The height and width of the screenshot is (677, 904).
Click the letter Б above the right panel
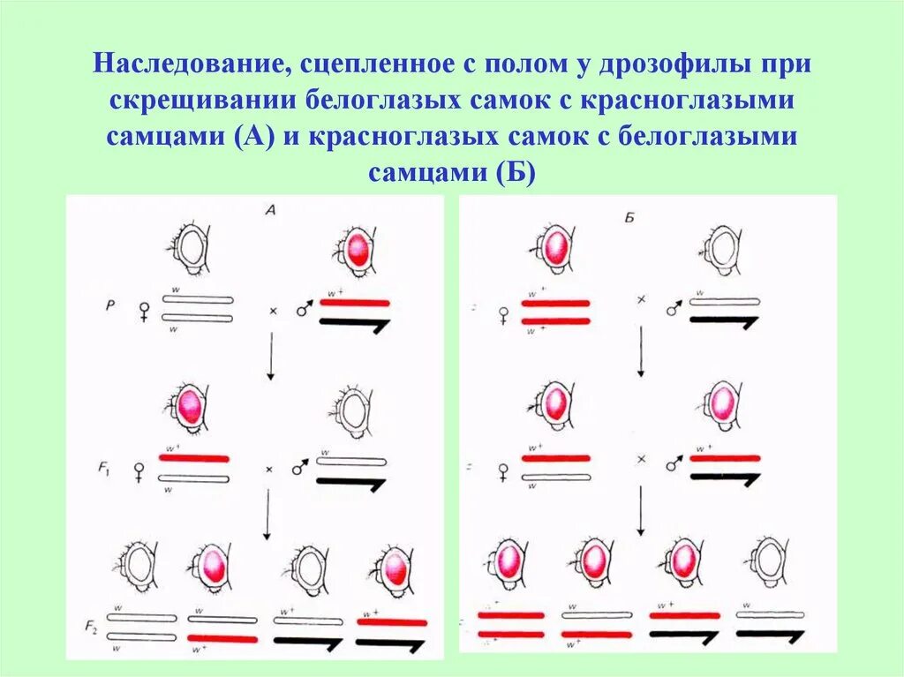point(629,215)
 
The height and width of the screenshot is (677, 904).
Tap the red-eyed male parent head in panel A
point(355,250)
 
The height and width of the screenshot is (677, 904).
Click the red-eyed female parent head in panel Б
point(554,246)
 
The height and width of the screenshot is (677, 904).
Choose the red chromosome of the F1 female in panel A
point(193,459)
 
